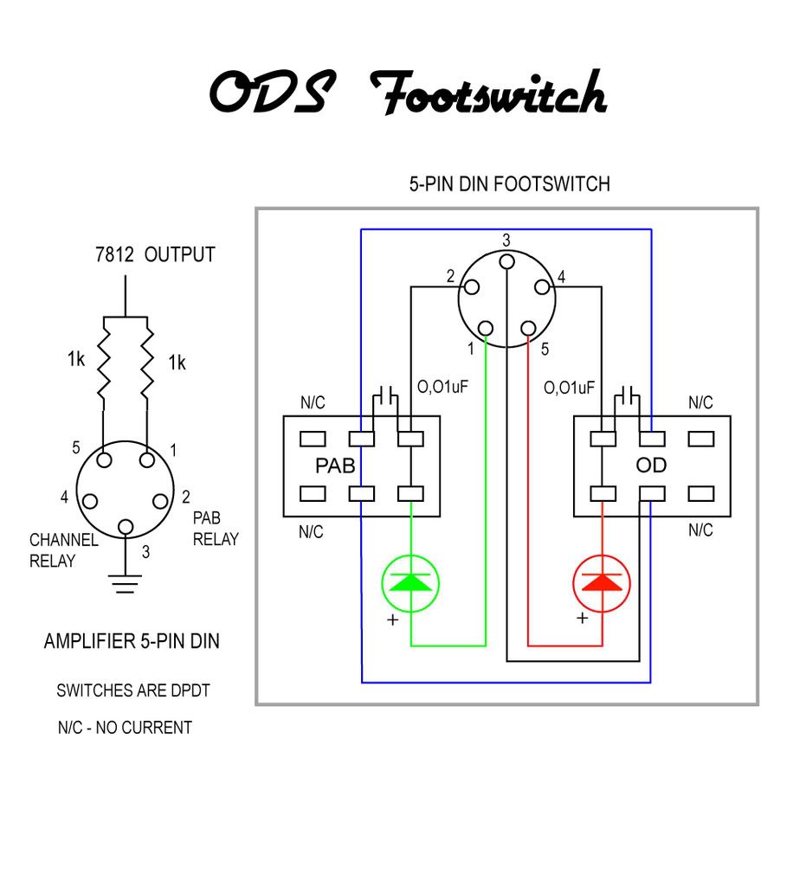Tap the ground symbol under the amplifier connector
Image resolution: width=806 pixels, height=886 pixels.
point(126,585)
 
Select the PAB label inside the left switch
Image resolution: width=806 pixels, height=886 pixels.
point(335,465)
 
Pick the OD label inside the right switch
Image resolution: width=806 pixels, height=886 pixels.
point(650,465)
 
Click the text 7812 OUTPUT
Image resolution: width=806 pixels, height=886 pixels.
point(155,255)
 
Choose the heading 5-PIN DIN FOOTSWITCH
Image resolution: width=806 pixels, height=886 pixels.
point(509,184)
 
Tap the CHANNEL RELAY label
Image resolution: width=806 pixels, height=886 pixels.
point(64,550)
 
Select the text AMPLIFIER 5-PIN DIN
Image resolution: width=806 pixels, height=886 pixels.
point(131,642)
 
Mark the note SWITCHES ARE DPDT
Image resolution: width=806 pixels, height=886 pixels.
point(132,691)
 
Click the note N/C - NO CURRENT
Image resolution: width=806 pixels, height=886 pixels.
point(125,728)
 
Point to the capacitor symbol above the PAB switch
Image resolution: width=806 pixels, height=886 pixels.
point(386,397)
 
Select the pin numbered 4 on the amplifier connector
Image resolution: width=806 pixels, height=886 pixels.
point(90,501)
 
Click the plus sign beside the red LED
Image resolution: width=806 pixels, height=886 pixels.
point(583,619)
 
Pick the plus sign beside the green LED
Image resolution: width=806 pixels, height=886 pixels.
point(392,620)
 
